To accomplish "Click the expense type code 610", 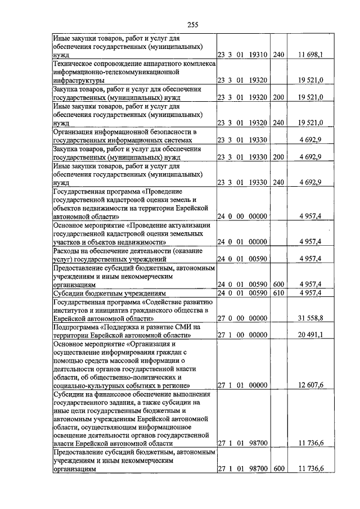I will [x=278, y=293].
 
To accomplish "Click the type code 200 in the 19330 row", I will [x=278, y=157].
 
